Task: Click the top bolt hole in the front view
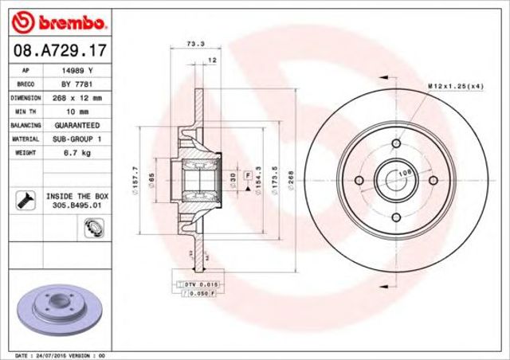(x=395, y=145)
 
